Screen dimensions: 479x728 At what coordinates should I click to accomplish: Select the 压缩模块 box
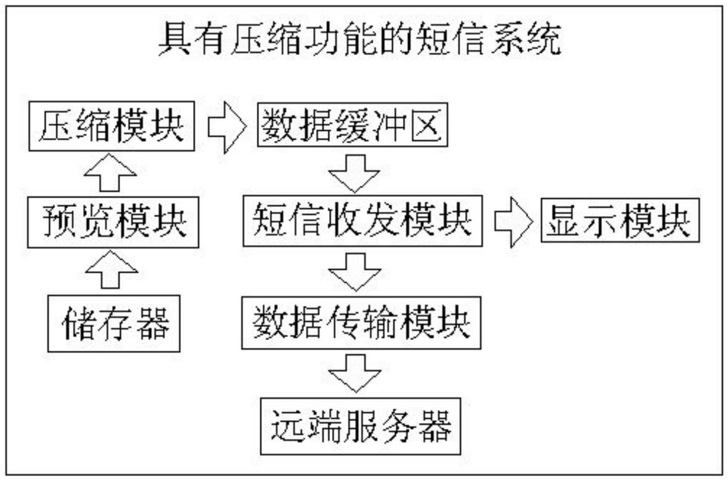coord(112,126)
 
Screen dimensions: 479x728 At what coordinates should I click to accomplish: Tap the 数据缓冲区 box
coord(353,125)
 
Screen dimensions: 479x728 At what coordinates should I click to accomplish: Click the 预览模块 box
coord(113,222)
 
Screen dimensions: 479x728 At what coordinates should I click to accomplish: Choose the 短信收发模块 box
coord(363,221)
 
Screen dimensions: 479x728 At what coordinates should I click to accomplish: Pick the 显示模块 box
coord(620,221)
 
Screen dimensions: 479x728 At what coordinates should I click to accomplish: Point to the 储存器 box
coord(114,323)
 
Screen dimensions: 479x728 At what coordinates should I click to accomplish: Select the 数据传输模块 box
coord(361,322)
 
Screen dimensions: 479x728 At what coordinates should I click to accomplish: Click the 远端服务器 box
coord(360,426)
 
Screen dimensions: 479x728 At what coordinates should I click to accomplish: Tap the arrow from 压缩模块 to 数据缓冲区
coord(227,127)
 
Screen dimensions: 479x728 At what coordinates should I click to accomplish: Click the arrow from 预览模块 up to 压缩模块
coord(110,173)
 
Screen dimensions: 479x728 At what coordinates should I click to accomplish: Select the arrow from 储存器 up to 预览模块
coord(111,270)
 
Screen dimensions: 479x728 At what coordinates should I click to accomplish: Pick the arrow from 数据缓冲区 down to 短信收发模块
coord(354,172)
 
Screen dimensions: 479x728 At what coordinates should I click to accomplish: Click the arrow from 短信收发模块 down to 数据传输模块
coord(354,272)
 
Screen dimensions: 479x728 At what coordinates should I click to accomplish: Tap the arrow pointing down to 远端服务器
coord(354,373)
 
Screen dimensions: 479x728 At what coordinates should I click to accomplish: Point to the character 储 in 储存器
coord(78,323)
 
